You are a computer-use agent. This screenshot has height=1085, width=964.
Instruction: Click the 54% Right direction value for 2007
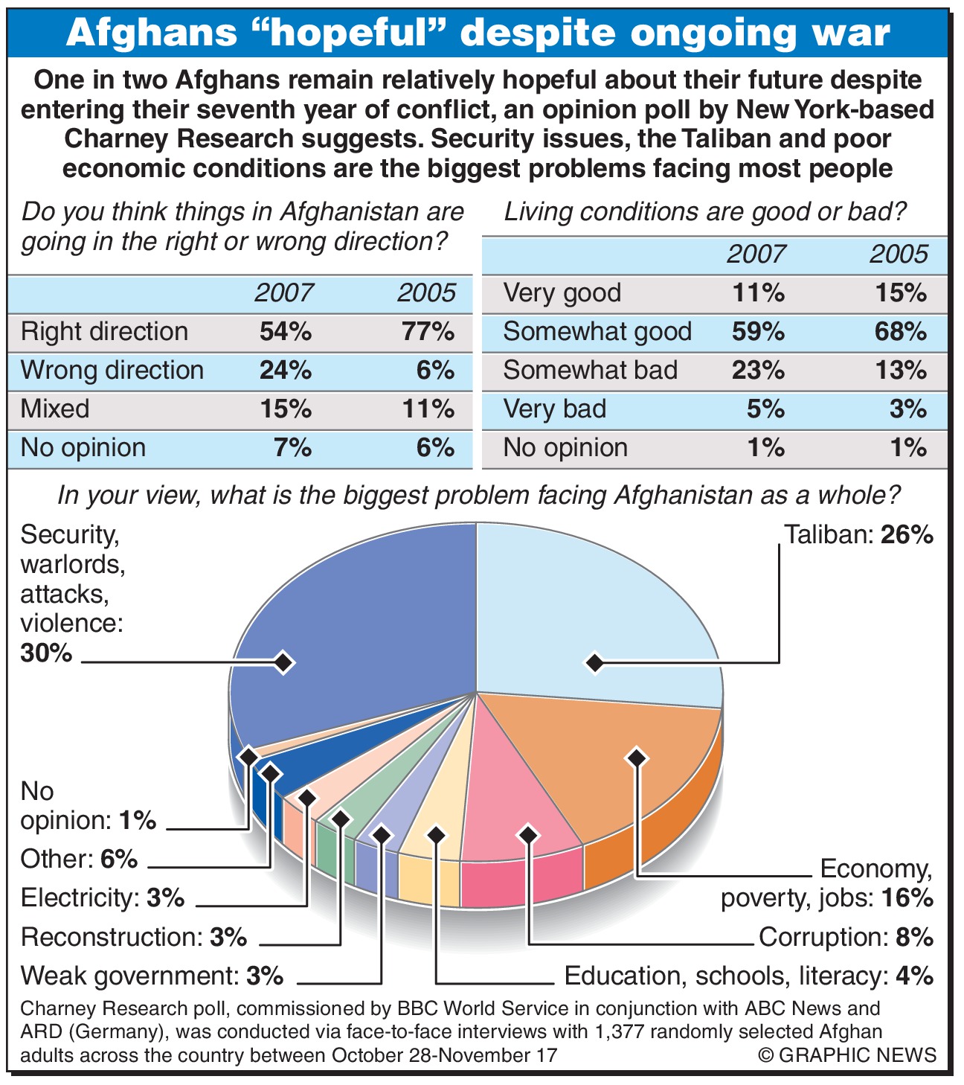coord(286,332)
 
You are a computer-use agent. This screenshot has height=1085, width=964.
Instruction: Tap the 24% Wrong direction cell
coord(286,371)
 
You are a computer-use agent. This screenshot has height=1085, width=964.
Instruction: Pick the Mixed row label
coord(55,409)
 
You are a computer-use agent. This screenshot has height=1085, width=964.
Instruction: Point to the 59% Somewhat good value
coord(758,332)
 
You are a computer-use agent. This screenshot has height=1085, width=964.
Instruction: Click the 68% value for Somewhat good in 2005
coord(900,332)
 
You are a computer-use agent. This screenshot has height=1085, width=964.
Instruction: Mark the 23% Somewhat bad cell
coord(758,371)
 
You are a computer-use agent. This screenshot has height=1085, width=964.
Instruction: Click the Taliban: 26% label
coord(858,535)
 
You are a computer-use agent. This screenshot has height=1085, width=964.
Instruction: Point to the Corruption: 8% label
coord(846,937)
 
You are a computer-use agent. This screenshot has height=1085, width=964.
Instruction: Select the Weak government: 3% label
coord(152,976)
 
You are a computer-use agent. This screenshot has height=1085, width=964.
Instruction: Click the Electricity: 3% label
coord(103,898)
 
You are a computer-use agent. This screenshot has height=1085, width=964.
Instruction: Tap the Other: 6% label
coord(79,860)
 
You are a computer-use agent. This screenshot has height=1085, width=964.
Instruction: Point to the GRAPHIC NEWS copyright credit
coord(847,1054)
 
